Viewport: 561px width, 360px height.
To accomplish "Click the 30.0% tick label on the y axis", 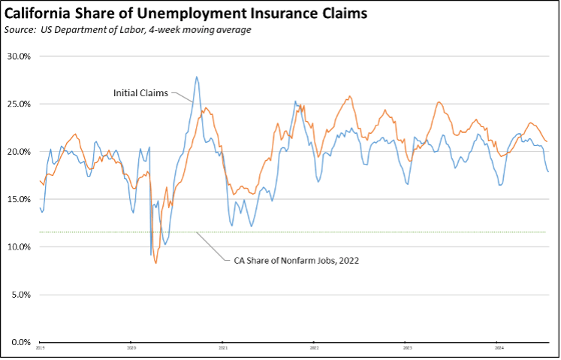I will click(19, 56).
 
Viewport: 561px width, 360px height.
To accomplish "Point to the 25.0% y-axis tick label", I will click(19, 104).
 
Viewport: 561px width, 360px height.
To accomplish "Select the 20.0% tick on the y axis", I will click(19, 152).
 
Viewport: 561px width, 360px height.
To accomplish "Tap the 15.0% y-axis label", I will click(19, 199).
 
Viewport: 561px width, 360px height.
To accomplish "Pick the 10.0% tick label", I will click(19, 247).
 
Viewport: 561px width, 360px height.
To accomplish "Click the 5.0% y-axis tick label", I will click(20, 295).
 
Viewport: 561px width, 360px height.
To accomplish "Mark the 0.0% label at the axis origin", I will click(20, 342).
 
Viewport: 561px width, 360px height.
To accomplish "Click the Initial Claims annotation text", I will click(140, 93).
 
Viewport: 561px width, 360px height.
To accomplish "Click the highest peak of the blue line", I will click(197, 77).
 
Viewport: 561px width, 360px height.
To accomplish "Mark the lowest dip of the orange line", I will click(156, 263).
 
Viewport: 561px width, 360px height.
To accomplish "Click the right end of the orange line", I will click(547, 142).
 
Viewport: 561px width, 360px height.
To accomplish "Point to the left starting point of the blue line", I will click(39, 207).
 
